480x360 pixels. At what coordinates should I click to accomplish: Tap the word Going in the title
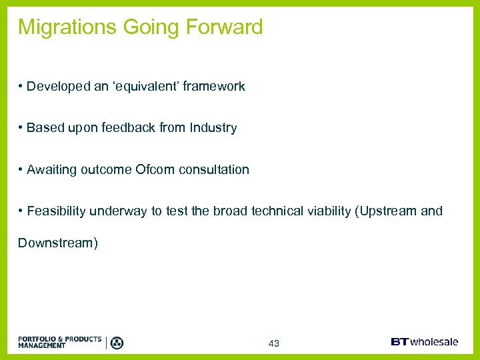pos(147,27)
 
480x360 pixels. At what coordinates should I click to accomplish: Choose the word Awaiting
pos(51,169)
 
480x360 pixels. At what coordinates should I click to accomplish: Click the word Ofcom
pos(154,169)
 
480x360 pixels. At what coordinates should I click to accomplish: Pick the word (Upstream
pos(386,211)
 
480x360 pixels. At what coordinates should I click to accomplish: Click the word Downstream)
pos(58,243)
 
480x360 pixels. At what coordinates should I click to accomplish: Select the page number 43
pos(273,343)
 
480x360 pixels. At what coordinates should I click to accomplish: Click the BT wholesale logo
pos(424,342)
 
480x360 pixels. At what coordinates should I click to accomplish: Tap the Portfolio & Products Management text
pos(59,342)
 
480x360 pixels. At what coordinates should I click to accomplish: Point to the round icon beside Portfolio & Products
pos(117,343)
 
